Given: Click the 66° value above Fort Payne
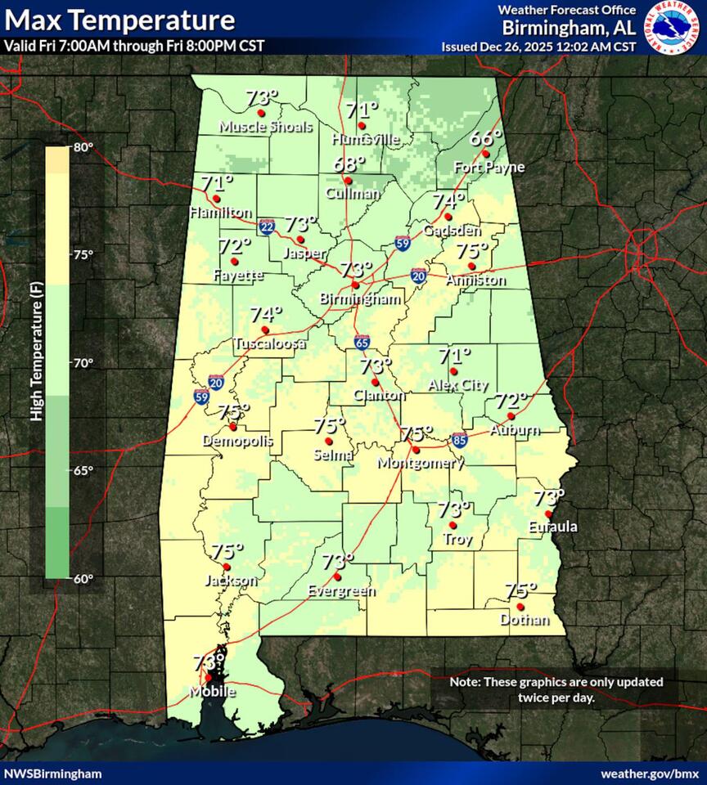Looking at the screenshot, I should point(485,137).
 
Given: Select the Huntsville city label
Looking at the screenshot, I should point(366,140).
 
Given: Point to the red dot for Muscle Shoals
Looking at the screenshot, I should point(261,113).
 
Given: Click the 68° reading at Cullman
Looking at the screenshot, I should point(349,164).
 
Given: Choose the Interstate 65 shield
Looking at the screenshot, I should point(362,342).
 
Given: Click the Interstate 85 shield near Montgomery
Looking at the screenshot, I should point(460,440).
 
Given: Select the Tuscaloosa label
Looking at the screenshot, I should point(269,344).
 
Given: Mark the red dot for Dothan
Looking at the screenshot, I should point(520,607).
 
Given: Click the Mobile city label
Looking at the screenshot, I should point(214,692).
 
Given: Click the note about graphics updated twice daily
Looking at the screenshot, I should point(556,689).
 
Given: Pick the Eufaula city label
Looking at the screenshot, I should point(552,527).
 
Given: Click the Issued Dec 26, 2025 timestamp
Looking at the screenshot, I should point(538,46).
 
